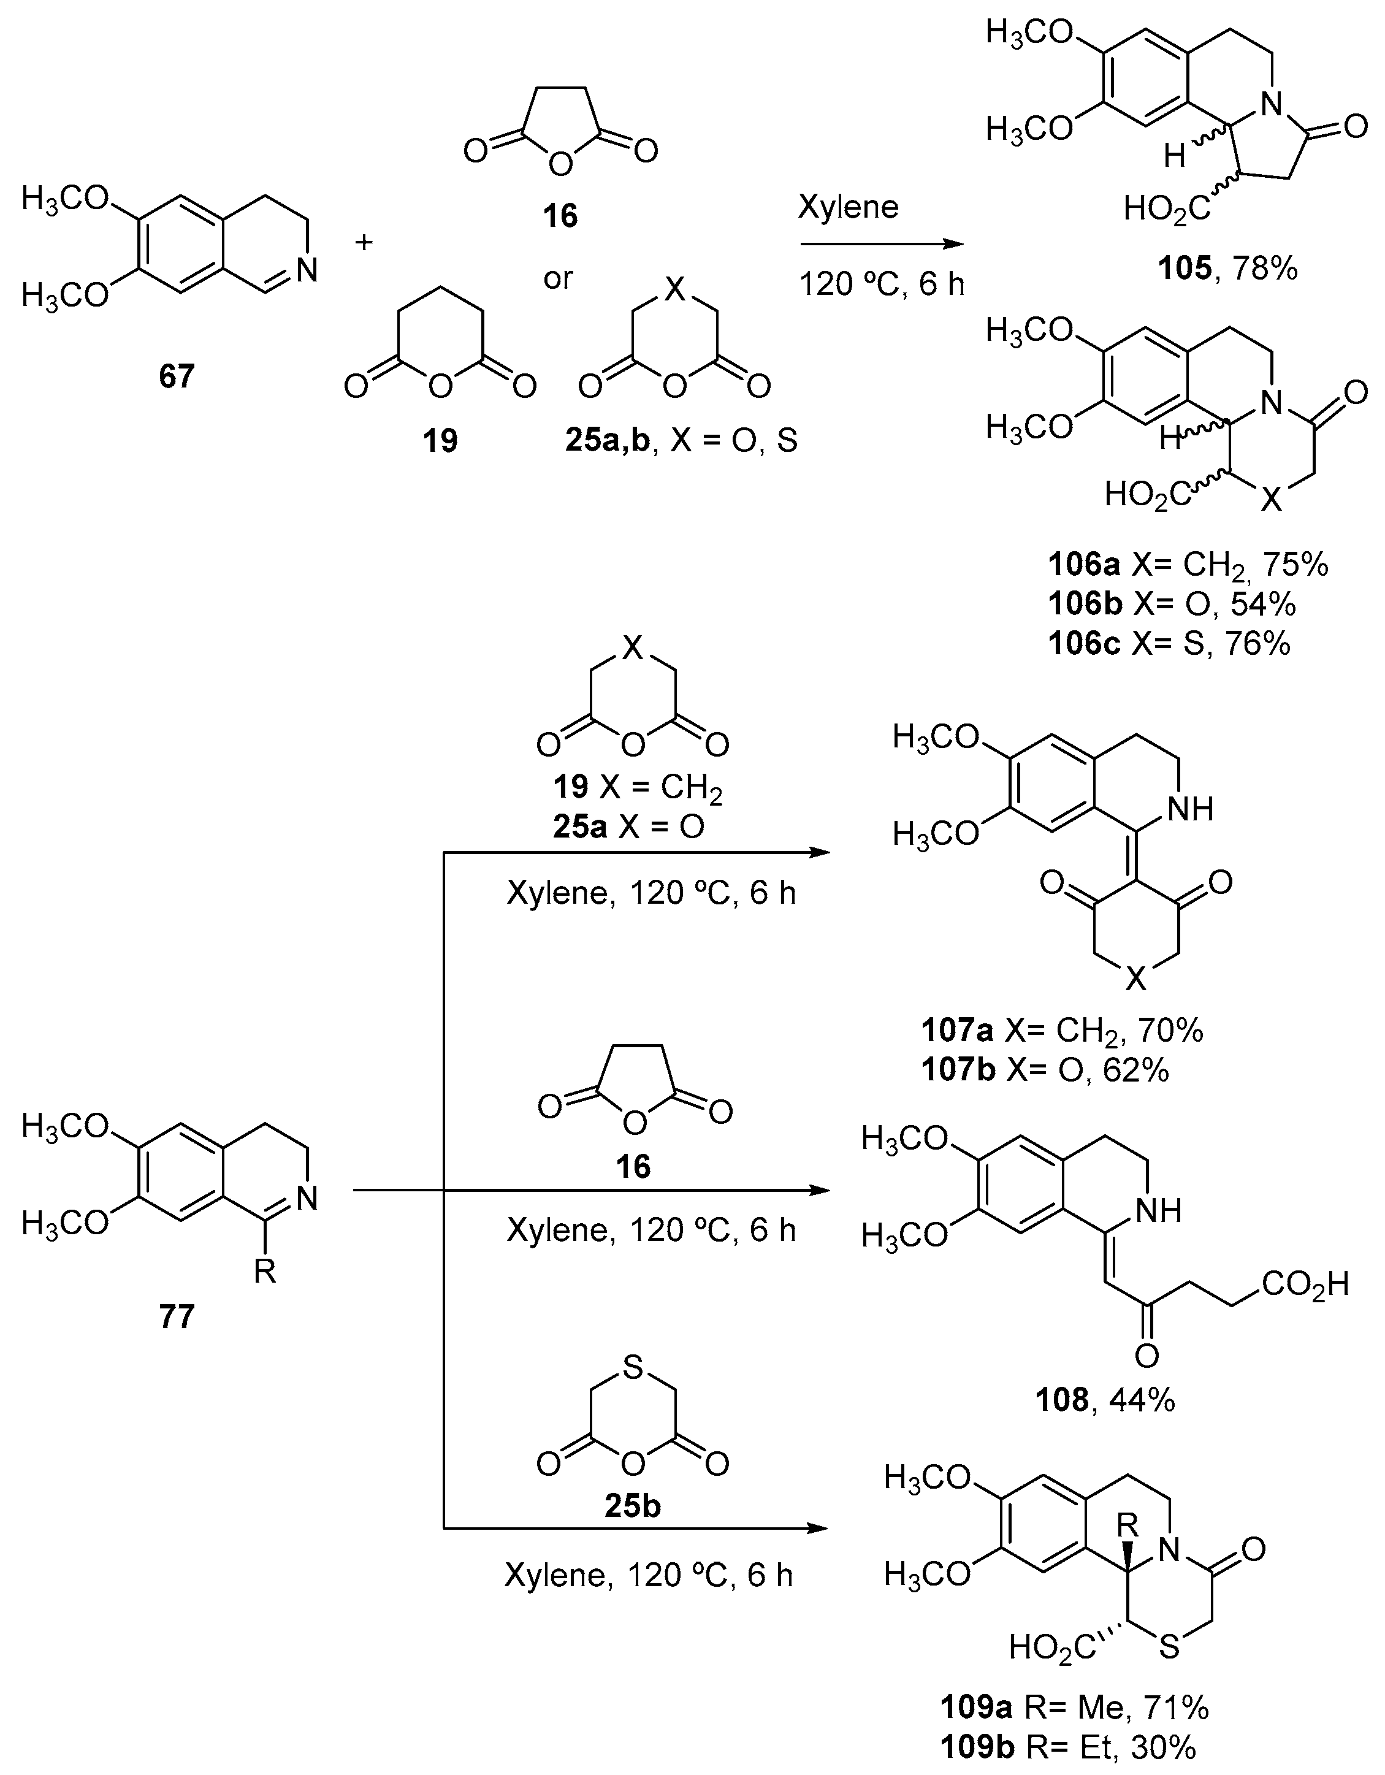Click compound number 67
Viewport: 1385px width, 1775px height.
point(177,376)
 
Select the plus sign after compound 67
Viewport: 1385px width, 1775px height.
point(364,242)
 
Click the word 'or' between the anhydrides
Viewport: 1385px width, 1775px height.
point(559,278)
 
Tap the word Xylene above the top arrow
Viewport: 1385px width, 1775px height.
point(848,207)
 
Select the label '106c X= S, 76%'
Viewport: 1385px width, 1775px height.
point(1169,643)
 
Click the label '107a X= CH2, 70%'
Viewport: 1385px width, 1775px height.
point(1061,1031)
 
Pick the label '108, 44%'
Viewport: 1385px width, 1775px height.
point(1105,1400)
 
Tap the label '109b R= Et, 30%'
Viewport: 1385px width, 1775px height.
point(1069,1747)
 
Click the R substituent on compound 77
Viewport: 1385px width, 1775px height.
point(265,1272)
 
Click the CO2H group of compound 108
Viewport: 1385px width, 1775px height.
point(1305,1284)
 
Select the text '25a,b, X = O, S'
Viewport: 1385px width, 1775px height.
point(681,440)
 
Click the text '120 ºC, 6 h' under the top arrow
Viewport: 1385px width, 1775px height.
point(882,284)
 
